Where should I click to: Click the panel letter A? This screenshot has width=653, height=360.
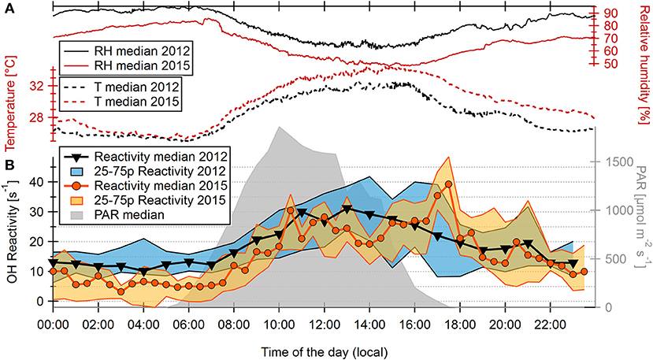tap(7, 7)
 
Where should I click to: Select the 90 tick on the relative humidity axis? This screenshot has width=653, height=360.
tap(610, 13)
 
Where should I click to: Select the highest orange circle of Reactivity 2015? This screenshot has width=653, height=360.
tap(449, 184)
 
